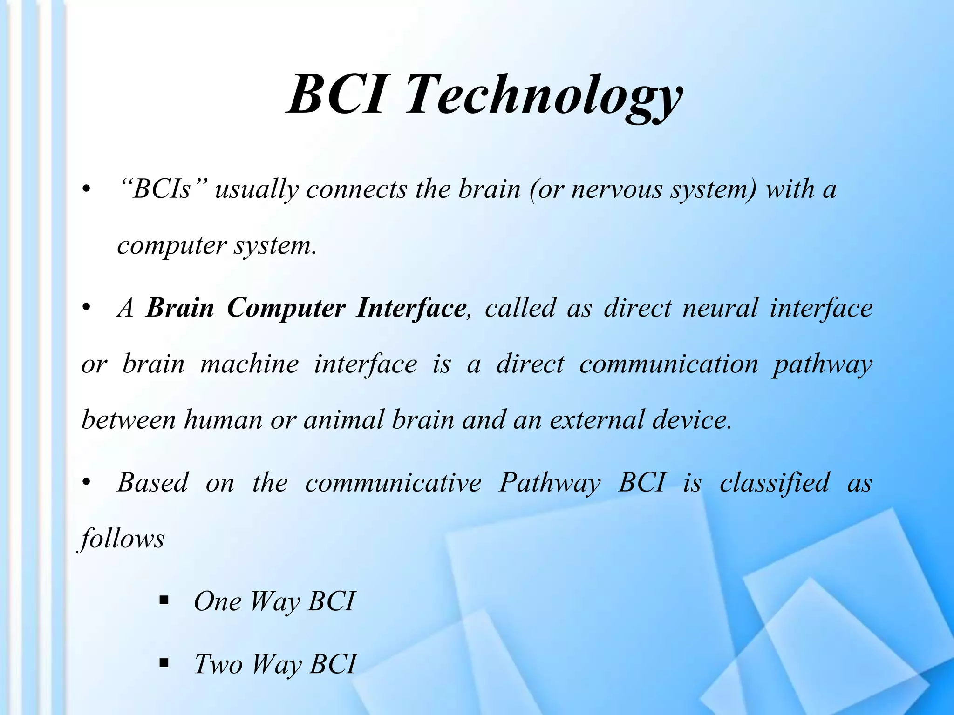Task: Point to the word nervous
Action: click(617, 189)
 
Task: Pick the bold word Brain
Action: click(180, 308)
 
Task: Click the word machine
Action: click(249, 364)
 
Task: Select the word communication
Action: click(668, 364)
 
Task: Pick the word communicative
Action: click(393, 483)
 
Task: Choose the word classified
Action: click(774, 483)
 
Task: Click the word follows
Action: click(123, 539)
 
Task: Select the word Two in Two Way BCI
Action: click(218, 664)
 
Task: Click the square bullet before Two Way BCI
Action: click(164, 662)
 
